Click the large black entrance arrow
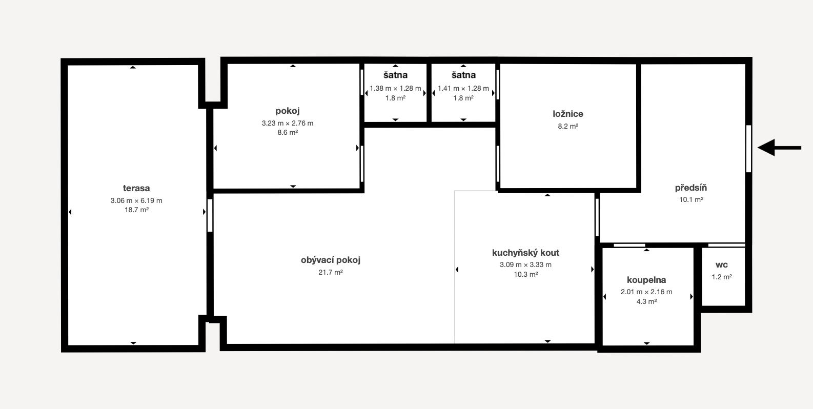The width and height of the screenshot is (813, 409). [779, 148]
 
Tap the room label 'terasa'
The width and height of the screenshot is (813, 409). [136, 188]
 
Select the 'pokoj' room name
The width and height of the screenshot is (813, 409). [288, 111]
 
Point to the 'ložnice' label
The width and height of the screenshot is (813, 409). [568, 114]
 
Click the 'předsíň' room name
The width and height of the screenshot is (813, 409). [691, 188]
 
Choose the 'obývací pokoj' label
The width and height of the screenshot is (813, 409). [331, 260]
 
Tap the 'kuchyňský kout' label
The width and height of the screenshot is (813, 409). [525, 253]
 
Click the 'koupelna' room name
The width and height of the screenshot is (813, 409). [646, 280]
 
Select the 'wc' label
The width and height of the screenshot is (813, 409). [722, 265]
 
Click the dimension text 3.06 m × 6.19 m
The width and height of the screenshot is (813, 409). [136, 200]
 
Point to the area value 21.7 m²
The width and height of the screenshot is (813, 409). [331, 272]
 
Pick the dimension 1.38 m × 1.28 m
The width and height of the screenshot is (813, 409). [395, 88]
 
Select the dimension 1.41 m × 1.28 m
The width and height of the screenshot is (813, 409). [463, 88]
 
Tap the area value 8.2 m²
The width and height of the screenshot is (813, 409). [568, 126]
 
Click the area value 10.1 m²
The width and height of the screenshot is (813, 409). [691, 199]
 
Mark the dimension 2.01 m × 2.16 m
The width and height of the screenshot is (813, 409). [646, 292]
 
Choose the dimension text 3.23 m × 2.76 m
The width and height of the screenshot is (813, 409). [288, 123]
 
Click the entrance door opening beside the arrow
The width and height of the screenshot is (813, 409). [748, 149]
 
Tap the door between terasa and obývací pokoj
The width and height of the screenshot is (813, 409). [210, 215]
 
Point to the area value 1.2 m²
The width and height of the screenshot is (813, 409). [722, 277]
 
